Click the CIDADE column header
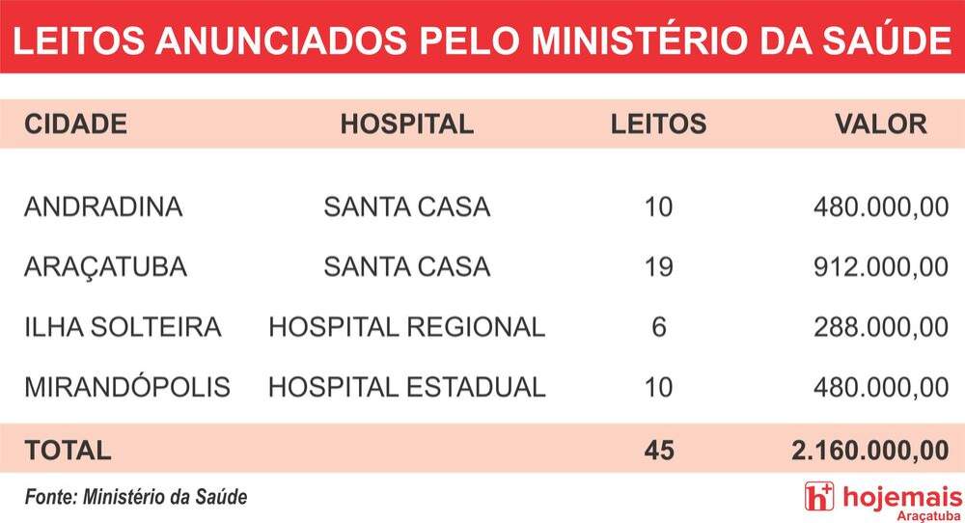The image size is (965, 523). coord(75,124)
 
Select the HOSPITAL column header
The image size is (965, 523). coord(407,124)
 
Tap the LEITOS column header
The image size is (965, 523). coord(658,124)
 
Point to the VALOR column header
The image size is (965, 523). coord(881,124)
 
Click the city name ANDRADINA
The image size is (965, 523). coord(103,206)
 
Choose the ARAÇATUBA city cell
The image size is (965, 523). coord(105,267)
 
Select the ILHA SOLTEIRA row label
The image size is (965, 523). coord(123,327)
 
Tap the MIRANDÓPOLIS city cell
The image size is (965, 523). coord(126,386)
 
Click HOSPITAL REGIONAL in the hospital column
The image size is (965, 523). coord(407,327)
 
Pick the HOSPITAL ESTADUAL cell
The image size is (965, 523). coord(407,387)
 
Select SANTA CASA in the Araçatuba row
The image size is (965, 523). coord(407,267)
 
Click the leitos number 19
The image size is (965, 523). coord(658,267)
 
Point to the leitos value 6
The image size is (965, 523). coord(658,327)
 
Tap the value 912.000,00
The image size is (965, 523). coord(881,267)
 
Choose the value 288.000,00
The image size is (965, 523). coord(881,327)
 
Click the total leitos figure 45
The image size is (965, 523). coord(659,451)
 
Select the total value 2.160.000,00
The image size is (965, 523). coord(869,451)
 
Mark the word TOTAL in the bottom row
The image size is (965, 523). coord(68,451)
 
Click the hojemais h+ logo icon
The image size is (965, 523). coord(819,497)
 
